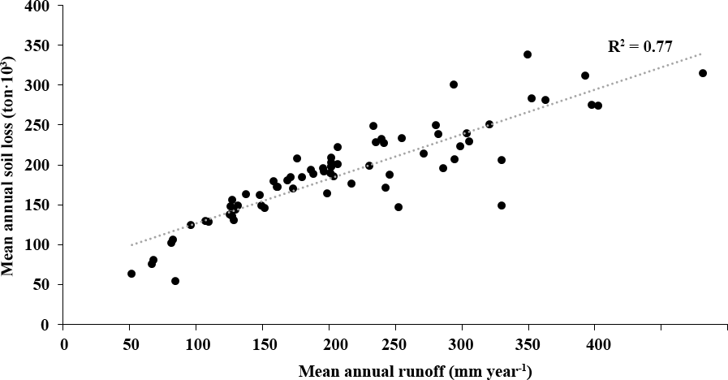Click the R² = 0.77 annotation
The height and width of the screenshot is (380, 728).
pyautogui.click(x=640, y=47)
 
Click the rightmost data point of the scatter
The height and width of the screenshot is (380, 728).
pyautogui.click(x=703, y=73)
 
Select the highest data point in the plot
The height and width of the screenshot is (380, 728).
pyautogui.click(x=528, y=54)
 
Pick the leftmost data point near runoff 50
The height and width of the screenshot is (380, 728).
pyautogui.click(x=131, y=274)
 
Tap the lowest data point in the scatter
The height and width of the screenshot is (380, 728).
pyautogui.click(x=175, y=281)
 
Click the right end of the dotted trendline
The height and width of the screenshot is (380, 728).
pyautogui.click(x=701, y=54)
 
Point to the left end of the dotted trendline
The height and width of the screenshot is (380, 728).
pyautogui.click(x=131, y=244)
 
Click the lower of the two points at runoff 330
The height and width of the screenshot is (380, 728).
pyautogui.click(x=502, y=205)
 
